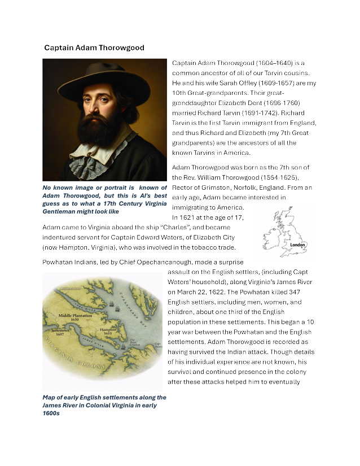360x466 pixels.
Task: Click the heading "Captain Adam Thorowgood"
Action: point(94,48)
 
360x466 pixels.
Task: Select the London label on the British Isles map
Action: point(298,245)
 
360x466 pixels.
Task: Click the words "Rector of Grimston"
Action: point(200,187)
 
